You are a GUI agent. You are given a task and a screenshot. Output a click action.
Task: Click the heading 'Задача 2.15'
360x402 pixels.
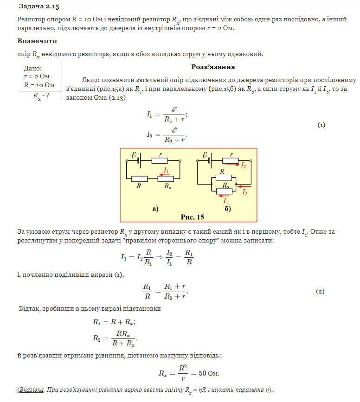point(39,6)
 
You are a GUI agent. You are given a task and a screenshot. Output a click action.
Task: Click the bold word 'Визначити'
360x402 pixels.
point(37,41)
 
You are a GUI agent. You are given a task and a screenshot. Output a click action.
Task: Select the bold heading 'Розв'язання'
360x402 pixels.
point(213,67)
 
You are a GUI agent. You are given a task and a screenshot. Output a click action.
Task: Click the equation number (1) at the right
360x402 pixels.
point(321,125)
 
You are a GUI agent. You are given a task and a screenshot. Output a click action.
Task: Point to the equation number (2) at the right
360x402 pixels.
point(320,291)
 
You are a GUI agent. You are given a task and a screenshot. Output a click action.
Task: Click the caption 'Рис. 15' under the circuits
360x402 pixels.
point(192,217)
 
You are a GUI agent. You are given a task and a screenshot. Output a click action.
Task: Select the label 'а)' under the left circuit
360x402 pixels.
point(155,209)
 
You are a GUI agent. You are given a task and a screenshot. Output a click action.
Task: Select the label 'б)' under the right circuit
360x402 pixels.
point(227,209)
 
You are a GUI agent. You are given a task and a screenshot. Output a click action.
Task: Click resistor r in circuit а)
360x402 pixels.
point(160,160)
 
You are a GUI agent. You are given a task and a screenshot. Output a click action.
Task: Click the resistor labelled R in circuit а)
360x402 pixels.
point(139,179)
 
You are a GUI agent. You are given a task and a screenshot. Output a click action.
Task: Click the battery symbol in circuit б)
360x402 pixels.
point(210,160)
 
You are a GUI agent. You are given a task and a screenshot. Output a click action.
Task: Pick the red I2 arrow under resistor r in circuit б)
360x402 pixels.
point(234,165)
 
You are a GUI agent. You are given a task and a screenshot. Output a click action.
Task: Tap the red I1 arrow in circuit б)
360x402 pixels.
point(225,195)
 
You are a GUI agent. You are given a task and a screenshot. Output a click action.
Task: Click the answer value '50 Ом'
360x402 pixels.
point(209,373)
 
